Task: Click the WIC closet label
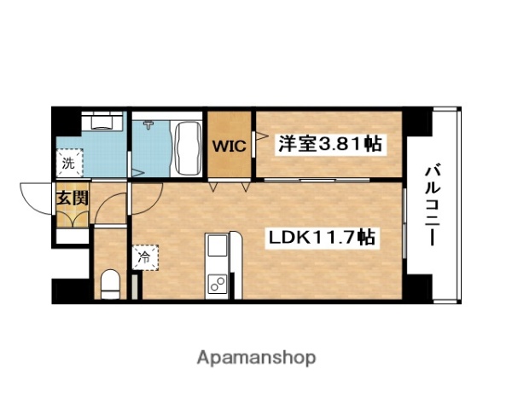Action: click(x=229, y=146)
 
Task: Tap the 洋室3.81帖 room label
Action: click(x=328, y=144)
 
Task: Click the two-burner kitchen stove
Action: click(x=217, y=283)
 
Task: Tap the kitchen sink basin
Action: click(x=216, y=246)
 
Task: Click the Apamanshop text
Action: click(x=257, y=356)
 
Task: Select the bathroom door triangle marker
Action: click(x=134, y=175)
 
